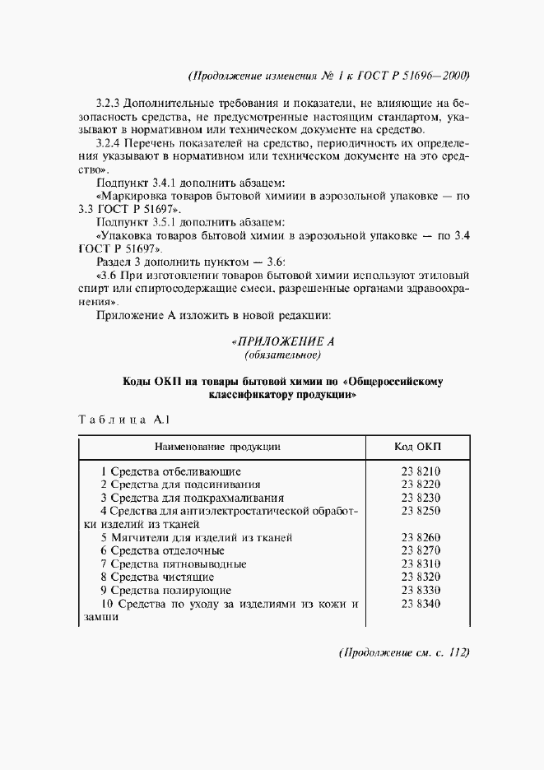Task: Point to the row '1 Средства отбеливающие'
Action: coord(170,471)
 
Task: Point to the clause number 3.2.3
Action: coord(109,103)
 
